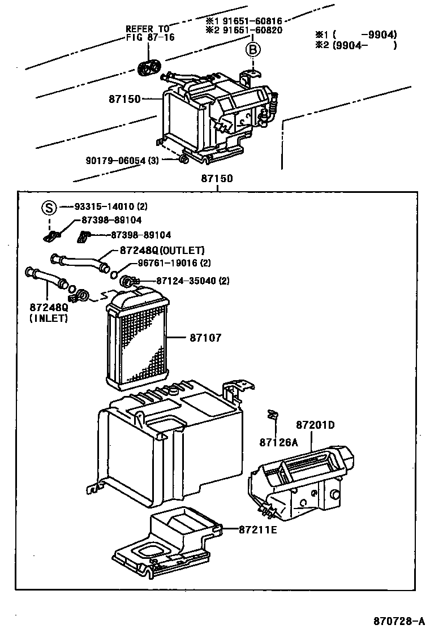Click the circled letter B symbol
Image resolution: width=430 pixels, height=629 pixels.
tap(253, 50)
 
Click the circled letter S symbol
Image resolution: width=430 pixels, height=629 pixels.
tap(49, 208)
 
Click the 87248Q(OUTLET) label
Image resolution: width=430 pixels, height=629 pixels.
tap(162, 250)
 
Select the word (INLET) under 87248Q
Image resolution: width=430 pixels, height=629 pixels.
tap(49, 318)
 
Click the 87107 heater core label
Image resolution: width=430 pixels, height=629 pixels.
tap(205, 338)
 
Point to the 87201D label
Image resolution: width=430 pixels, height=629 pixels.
tap(315, 425)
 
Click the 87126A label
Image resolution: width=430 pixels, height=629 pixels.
tap(278, 441)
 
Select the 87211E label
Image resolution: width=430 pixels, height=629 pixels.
tap(257, 529)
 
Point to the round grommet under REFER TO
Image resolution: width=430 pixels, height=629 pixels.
tap(148, 67)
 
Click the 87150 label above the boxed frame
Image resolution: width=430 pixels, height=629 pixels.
tap(217, 178)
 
